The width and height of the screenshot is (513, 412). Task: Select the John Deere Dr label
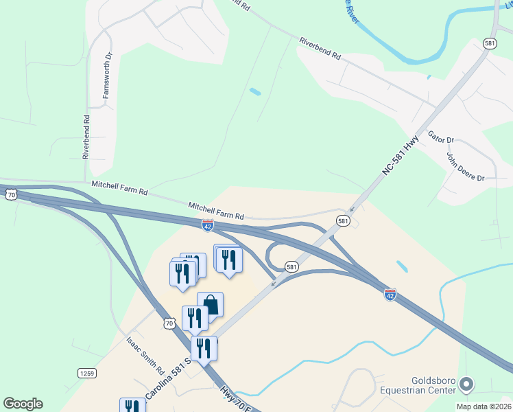(x=466, y=167)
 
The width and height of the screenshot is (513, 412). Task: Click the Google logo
(x=23, y=404)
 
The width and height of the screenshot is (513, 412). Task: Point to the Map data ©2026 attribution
(x=484, y=407)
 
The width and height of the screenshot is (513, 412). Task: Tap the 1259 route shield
(x=87, y=373)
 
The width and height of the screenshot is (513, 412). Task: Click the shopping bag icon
(x=210, y=304)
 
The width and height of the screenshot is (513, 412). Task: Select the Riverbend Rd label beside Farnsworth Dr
(x=87, y=137)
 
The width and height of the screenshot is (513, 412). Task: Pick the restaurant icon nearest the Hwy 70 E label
(x=204, y=348)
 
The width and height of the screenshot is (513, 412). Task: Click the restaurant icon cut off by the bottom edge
(x=132, y=406)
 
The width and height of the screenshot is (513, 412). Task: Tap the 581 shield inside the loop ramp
(x=291, y=266)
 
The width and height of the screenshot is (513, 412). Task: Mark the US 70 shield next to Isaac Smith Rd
(x=169, y=323)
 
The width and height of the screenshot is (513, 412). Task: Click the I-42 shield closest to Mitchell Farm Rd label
(x=208, y=225)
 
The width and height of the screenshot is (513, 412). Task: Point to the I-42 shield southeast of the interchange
(x=390, y=294)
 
